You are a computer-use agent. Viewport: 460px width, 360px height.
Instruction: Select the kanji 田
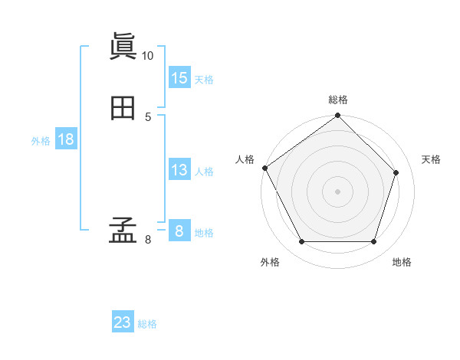click(123, 109)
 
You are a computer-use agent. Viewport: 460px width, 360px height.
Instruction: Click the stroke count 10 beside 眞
click(147, 56)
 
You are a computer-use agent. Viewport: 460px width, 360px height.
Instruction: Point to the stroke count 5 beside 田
click(148, 116)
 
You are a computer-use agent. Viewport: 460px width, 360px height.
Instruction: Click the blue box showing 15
click(179, 78)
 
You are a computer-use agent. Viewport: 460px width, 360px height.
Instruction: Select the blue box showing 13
click(179, 170)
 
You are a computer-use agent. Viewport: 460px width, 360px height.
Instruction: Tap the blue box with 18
click(66, 139)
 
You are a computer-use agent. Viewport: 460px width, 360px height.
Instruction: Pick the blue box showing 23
click(123, 322)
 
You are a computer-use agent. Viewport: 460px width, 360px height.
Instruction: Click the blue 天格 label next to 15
click(204, 80)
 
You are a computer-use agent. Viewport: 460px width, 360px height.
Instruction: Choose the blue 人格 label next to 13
click(204, 172)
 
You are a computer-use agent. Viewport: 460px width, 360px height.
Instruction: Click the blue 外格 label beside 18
click(41, 141)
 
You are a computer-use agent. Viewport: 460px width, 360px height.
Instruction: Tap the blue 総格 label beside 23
click(147, 324)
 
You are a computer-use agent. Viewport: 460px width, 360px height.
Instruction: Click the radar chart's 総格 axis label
click(338, 100)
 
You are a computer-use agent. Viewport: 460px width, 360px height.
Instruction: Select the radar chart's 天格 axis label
click(432, 159)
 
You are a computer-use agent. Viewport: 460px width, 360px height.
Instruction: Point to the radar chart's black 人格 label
click(245, 159)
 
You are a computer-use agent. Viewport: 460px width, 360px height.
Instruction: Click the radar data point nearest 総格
click(338, 116)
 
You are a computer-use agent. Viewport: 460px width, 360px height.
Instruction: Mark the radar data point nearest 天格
click(396, 173)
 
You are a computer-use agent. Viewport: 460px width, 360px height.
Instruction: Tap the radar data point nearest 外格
click(301, 242)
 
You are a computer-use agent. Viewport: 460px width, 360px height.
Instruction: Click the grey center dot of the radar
click(338, 191)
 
